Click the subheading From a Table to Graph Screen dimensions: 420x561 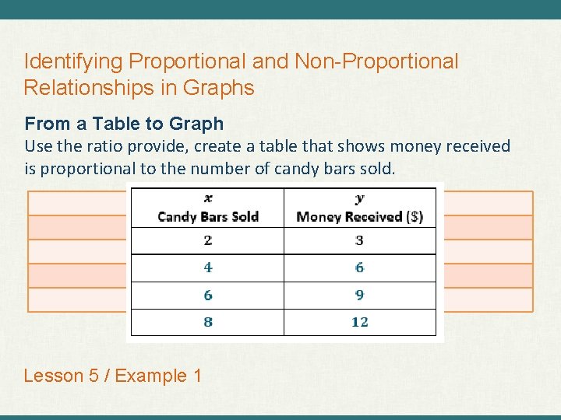coord(124,124)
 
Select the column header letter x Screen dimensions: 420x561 coord(208,199)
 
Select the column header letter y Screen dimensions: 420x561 coord(359,199)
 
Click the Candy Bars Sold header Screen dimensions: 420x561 coord(208,216)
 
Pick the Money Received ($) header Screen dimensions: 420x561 coord(359,216)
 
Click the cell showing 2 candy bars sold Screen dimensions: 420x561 coord(208,240)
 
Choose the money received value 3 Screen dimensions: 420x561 coord(359,240)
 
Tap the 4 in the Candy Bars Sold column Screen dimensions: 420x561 coord(208,268)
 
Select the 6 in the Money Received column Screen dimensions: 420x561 coord(359,268)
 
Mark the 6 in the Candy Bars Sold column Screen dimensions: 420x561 coord(208,295)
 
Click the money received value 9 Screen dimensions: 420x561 coord(359,295)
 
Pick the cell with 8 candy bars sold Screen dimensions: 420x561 coord(208,322)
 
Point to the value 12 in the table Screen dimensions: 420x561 coord(359,322)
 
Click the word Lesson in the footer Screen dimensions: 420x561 coord(53,376)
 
